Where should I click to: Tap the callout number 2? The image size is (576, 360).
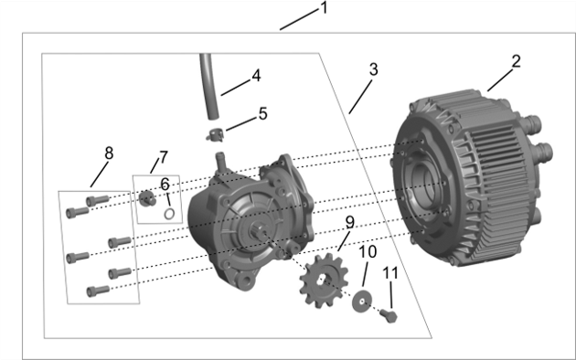click(x=517, y=61)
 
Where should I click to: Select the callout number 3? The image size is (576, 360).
click(x=373, y=69)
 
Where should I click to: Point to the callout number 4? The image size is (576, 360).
click(x=256, y=74)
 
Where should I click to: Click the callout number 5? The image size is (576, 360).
click(x=262, y=114)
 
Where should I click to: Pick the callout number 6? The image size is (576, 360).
click(x=165, y=184)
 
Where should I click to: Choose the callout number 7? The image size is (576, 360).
click(x=164, y=157)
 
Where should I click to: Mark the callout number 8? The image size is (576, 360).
click(x=109, y=153)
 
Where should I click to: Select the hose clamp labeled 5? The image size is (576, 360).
click(x=215, y=133)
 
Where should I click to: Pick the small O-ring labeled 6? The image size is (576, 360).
click(x=169, y=214)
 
